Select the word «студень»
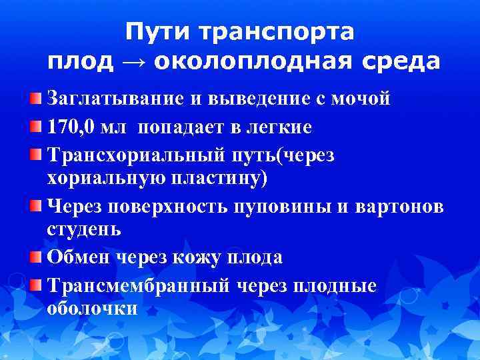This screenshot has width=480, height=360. coord(84,230)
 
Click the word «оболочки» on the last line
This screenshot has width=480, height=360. coord(93,309)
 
